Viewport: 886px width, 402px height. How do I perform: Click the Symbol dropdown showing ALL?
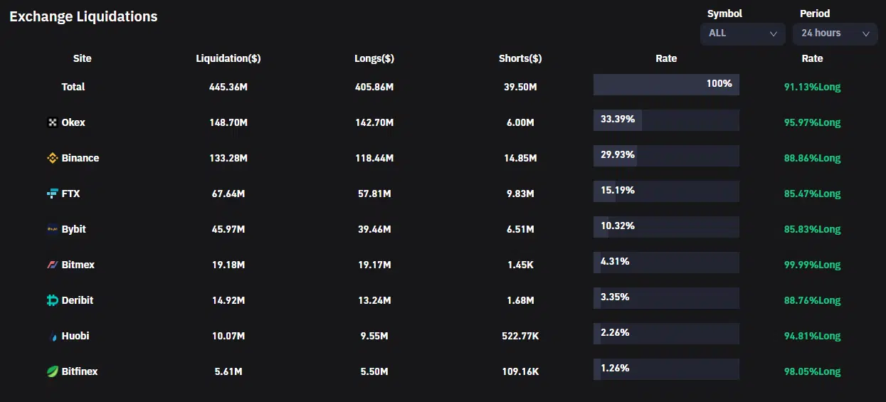click(x=742, y=33)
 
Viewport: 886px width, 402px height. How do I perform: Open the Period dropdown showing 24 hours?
click(x=835, y=33)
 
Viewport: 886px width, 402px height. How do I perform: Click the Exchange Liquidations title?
click(x=83, y=16)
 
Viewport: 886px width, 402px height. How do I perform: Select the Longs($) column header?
click(x=374, y=58)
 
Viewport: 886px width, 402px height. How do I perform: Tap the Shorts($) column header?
click(x=520, y=58)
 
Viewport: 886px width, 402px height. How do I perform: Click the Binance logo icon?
click(x=52, y=158)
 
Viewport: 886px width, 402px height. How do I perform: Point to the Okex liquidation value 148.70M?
click(x=228, y=122)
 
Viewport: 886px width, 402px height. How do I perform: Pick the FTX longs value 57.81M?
click(x=374, y=194)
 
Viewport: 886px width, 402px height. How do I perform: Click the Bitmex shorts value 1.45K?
click(x=520, y=265)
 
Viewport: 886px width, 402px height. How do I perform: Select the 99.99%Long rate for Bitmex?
click(x=812, y=265)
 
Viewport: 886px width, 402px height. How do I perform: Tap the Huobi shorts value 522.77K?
click(x=520, y=336)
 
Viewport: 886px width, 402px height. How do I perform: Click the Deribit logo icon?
click(x=52, y=300)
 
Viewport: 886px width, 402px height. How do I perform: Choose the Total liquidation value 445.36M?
click(x=228, y=87)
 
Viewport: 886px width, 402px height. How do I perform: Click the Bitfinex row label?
click(x=80, y=371)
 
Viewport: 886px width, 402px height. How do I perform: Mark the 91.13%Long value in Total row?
click(x=812, y=87)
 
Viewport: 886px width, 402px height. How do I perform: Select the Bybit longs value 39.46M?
click(x=374, y=229)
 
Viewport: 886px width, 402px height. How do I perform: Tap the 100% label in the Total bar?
click(x=719, y=84)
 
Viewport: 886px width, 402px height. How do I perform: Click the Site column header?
click(x=82, y=58)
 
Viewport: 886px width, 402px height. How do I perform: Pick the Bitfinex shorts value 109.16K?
click(x=520, y=371)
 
